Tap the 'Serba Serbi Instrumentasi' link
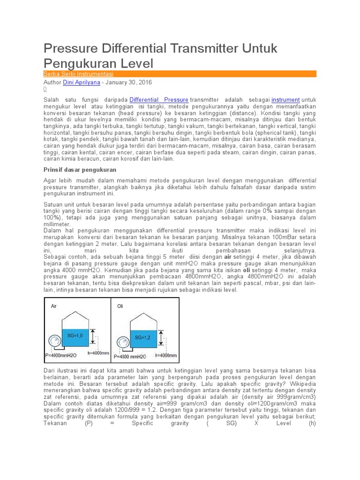tap(78, 74)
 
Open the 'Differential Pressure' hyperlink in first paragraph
tap(159, 100)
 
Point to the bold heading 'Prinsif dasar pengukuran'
tap(80, 169)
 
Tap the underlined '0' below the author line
tap(45, 89)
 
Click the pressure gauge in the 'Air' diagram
tap(53, 342)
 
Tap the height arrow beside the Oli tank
tap(162, 339)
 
